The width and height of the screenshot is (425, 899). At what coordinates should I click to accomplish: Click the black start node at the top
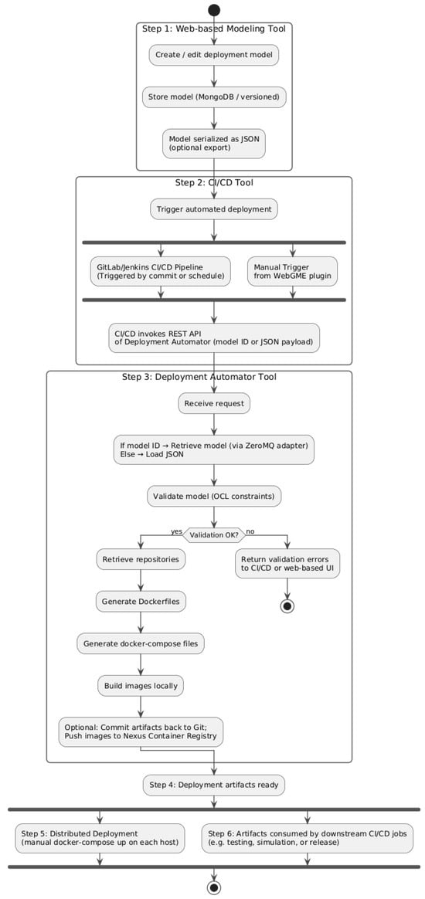(214, 10)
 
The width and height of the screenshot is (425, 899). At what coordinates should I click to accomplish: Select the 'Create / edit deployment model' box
(214, 55)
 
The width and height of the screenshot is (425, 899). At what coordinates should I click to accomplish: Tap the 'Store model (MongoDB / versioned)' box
(214, 97)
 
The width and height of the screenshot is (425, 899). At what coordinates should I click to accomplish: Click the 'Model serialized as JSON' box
(214, 143)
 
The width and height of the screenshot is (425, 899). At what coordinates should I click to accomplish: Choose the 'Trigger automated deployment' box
(214, 209)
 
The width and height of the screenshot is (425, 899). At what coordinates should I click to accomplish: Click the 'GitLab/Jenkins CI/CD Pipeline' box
(161, 271)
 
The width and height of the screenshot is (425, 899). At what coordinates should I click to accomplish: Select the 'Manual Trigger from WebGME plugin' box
(293, 271)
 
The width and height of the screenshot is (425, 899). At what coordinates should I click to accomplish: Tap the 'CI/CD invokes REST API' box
(214, 338)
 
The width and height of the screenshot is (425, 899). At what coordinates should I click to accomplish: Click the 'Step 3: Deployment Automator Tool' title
(199, 377)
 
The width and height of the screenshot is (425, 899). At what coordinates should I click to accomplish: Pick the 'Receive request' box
(214, 403)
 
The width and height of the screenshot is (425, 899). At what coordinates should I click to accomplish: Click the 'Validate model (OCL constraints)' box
(214, 496)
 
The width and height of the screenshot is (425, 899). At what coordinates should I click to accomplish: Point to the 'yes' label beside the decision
(177, 531)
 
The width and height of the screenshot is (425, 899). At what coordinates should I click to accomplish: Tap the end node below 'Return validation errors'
(287, 606)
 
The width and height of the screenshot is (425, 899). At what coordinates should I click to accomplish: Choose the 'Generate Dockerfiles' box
(140, 600)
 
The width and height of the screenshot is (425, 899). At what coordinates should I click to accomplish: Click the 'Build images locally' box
(140, 685)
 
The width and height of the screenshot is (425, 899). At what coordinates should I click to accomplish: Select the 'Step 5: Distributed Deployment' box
(100, 839)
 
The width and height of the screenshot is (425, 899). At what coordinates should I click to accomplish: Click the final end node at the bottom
(214, 887)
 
